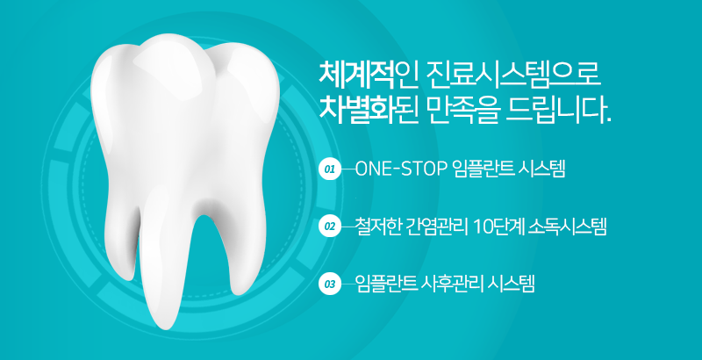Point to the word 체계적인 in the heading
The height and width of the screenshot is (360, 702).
pos(359,73)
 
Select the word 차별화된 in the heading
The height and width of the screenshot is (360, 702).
pos(359,111)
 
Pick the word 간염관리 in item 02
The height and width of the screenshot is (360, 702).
pos(434,227)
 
